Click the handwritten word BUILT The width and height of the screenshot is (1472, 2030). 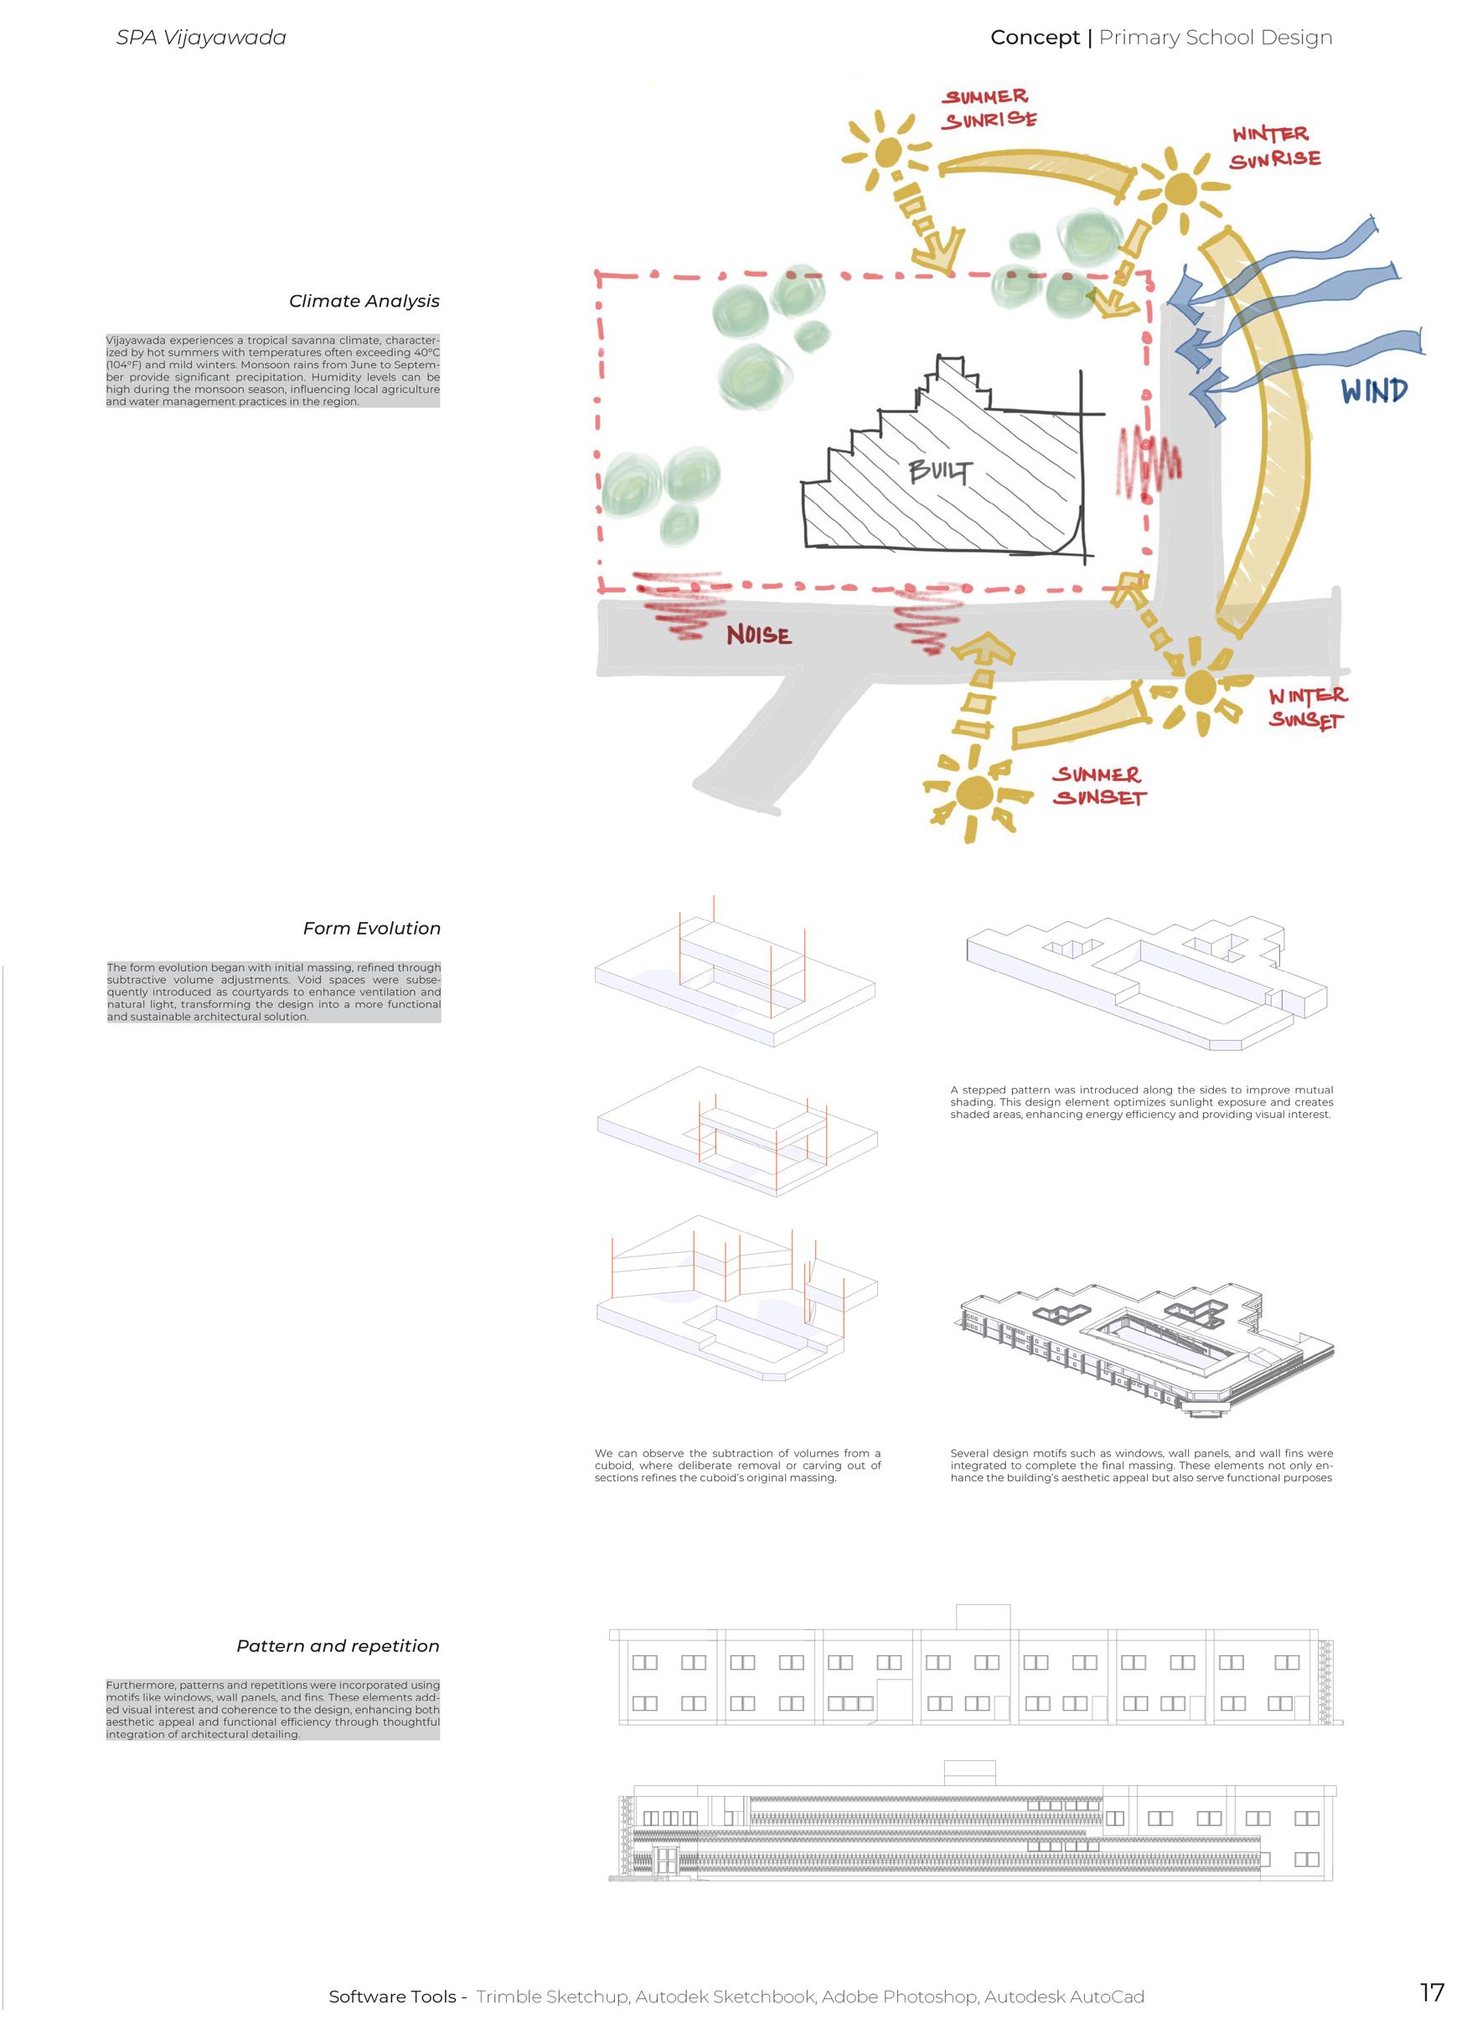[x=939, y=471]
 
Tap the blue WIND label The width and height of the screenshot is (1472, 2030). [x=1374, y=391]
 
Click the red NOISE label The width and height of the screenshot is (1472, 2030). [x=758, y=635]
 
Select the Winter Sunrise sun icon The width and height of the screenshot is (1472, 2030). [x=1180, y=189]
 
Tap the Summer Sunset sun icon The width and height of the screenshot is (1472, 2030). [x=974, y=792]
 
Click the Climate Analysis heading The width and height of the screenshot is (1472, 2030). [x=364, y=302]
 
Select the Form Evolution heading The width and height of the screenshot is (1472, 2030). [x=371, y=929]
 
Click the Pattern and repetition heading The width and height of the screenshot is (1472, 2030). [x=338, y=1646]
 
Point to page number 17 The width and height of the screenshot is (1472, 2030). [x=1432, y=1992]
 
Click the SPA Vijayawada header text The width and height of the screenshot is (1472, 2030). [x=201, y=38]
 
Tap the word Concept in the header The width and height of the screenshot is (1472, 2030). [x=1035, y=38]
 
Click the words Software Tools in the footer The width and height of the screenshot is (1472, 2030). [x=392, y=1996]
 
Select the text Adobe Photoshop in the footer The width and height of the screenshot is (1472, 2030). [x=899, y=1996]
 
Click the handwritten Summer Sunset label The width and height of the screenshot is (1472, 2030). [x=1098, y=786]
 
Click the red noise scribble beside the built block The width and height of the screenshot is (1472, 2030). [x=1148, y=463]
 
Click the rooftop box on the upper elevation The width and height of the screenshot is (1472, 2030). [x=983, y=1618]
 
